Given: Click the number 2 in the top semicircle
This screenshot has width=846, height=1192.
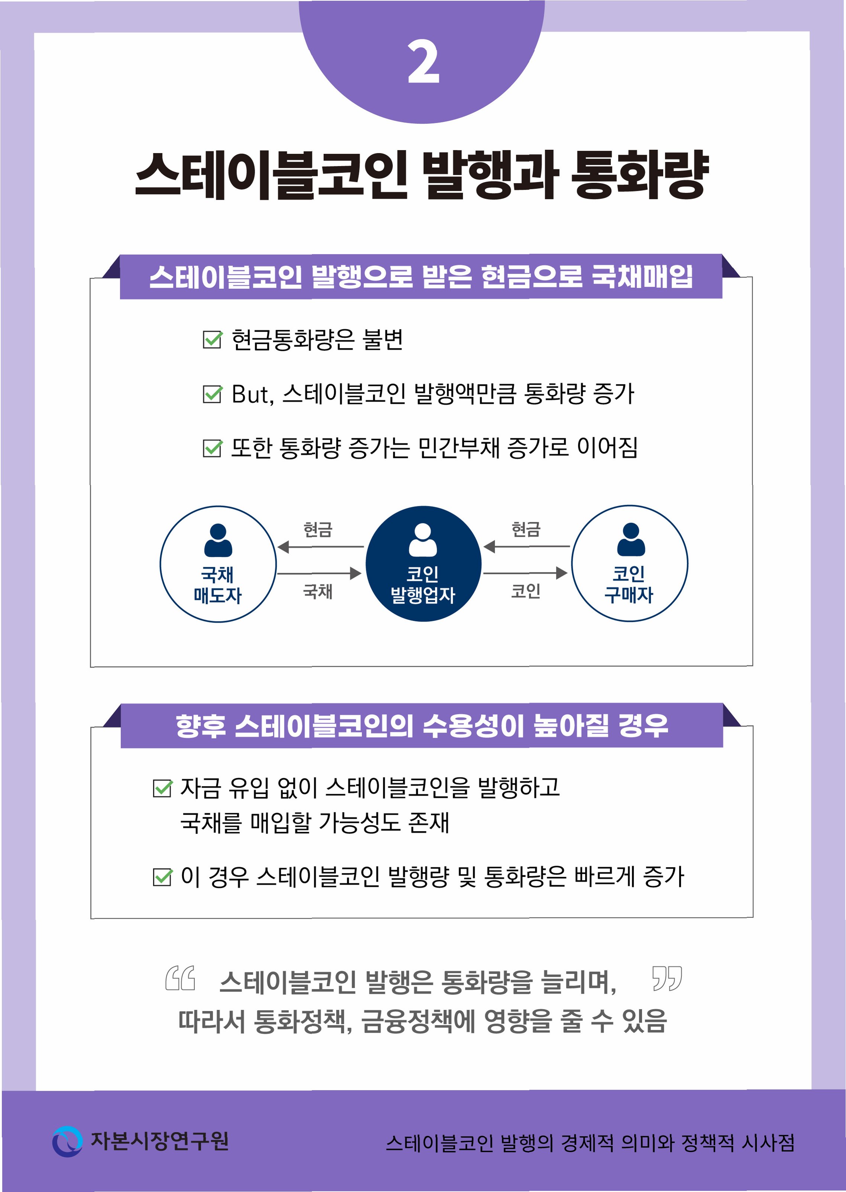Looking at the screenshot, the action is click(x=423, y=62).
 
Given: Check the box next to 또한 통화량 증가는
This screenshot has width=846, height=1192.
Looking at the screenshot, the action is click(x=212, y=448).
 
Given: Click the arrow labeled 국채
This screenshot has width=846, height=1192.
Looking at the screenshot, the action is click(x=319, y=574).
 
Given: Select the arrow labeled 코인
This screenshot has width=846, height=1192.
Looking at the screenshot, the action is click(x=525, y=573).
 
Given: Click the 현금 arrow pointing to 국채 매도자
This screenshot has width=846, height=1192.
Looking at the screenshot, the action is click(x=320, y=547).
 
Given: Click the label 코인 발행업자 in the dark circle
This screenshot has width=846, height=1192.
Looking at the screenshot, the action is click(x=423, y=585).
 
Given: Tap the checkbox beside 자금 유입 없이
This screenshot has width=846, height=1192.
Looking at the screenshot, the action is click(x=162, y=788).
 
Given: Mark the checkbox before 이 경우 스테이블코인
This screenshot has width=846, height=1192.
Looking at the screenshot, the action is click(x=162, y=877).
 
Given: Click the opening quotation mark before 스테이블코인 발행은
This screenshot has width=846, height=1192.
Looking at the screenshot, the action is click(x=180, y=979).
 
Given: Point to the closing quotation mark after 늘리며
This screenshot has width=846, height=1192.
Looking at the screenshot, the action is click(x=667, y=979).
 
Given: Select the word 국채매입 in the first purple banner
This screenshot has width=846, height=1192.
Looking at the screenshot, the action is click(x=642, y=277).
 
